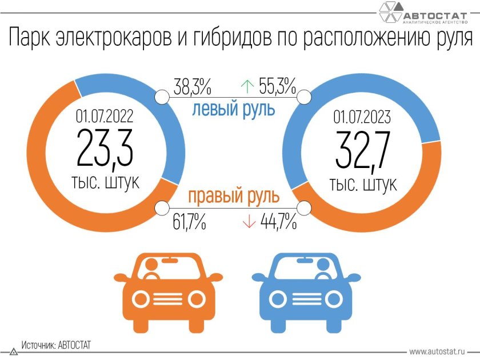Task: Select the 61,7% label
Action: point(189,222)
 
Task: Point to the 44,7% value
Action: point(278,222)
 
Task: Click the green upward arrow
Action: point(247,87)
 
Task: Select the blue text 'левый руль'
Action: point(233,109)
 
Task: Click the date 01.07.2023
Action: point(362,118)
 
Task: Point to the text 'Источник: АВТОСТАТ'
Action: point(56,346)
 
